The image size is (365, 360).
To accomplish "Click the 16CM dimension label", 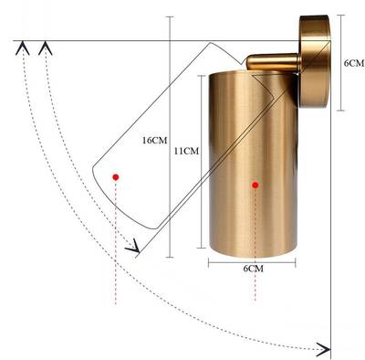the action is (155, 141).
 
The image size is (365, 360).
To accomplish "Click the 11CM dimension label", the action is (186, 151).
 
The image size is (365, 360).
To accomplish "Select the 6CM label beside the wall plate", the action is (354, 63).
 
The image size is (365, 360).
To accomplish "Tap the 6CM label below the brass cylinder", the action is (254, 269).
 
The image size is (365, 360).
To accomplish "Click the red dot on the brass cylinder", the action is (255, 185).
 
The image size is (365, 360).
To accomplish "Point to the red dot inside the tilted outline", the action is (116, 177).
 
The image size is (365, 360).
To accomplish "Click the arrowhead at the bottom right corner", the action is (324, 349).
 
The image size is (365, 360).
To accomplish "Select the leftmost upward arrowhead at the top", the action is (23, 48).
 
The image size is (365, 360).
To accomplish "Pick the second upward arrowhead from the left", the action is (46, 48).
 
